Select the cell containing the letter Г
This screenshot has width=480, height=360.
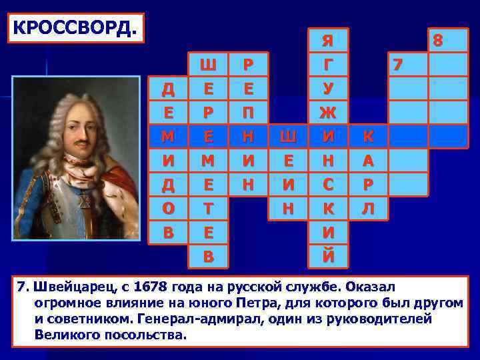tap(327, 65)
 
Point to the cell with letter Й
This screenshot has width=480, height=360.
tap(327, 254)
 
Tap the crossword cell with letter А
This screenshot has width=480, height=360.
tap(367, 160)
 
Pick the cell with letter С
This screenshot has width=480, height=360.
tap(327, 183)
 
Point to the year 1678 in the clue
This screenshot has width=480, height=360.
tap(152, 287)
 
